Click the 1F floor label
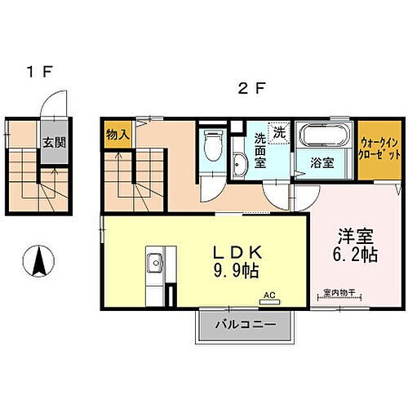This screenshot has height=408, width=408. pyautogui.click(x=38, y=73)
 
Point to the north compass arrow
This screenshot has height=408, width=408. pyautogui.click(x=38, y=262)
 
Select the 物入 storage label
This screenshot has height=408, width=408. pyautogui.click(x=117, y=135)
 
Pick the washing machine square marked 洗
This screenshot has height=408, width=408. pyautogui.click(x=280, y=131)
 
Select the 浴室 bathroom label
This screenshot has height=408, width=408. pyautogui.click(x=322, y=162)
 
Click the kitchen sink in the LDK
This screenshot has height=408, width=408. pyautogui.click(x=154, y=264)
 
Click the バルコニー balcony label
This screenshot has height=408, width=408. pyautogui.click(x=245, y=326)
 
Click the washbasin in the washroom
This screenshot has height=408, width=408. pyautogui.click(x=238, y=166)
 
